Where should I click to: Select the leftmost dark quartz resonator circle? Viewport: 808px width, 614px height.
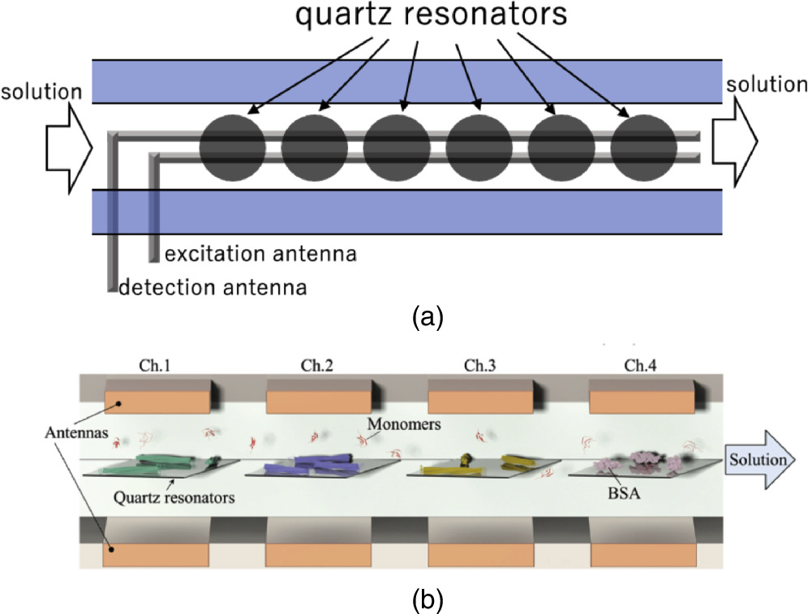232,148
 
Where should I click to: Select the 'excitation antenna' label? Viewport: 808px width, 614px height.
260,254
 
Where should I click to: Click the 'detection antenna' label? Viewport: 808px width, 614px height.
213,286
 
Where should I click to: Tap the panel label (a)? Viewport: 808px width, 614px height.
427,316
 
